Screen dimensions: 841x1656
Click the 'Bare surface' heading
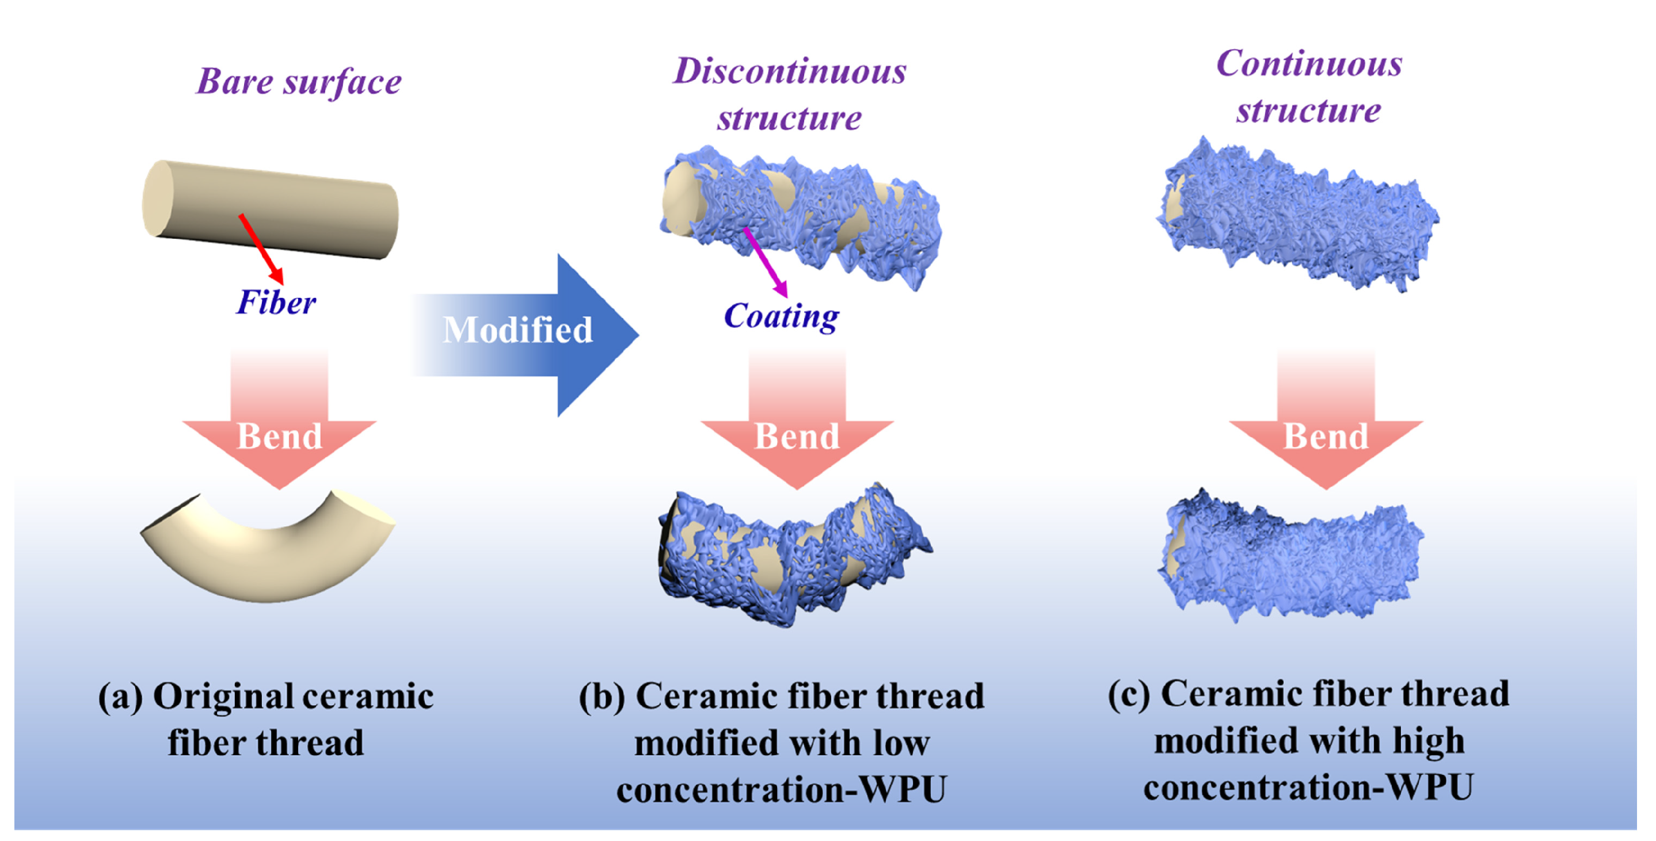tap(299, 82)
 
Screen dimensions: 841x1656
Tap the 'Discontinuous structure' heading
tap(789, 94)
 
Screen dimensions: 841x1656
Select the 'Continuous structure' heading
tap(1309, 86)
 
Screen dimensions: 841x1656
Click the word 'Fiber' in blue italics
tap(276, 302)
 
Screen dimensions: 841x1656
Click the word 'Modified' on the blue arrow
tap(517, 330)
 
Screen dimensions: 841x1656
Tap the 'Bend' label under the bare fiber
tap(280, 437)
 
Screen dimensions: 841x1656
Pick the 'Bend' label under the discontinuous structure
tap(797, 437)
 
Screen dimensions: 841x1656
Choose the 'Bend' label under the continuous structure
tap(1326, 437)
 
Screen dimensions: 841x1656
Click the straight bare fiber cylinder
tap(270, 209)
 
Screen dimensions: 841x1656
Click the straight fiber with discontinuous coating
tap(800, 219)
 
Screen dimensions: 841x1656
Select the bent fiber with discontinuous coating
tap(794, 556)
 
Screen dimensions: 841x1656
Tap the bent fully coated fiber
tap(1289, 556)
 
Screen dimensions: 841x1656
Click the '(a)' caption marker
tap(120, 697)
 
